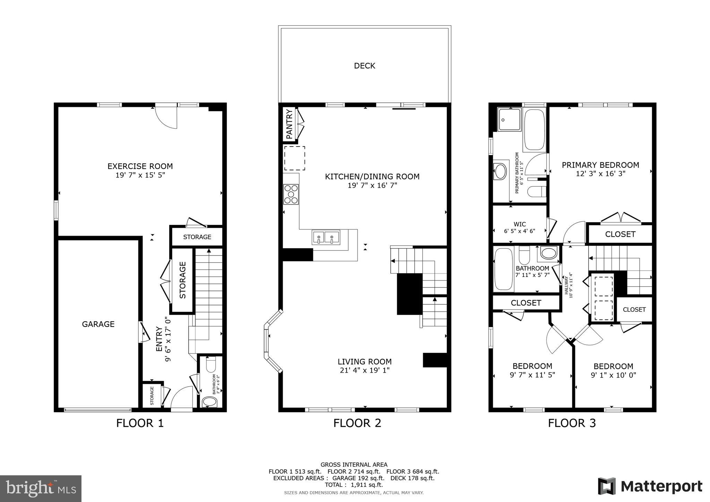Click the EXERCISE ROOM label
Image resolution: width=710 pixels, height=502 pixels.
pos(140,166)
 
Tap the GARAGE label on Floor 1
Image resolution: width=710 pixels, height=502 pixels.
pos(98,324)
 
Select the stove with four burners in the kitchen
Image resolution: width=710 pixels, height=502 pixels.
pos(291,194)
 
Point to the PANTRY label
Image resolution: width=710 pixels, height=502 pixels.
pos(289,124)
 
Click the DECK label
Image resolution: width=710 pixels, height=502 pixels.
pos(364,66)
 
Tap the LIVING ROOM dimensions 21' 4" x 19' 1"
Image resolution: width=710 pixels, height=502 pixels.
pos(365,370)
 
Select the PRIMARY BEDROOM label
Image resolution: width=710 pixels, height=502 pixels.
pos(600,165)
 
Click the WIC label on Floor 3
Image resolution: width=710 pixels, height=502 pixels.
pos(519,224)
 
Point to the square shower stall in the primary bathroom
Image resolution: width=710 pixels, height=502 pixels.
pos(509,119)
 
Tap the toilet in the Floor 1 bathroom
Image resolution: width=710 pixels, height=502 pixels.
pos(211,365)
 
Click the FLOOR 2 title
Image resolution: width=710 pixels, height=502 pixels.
pos(357,423)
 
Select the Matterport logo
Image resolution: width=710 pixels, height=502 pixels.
pos(650,486)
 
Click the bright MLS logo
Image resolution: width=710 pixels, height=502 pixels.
pos(41,488)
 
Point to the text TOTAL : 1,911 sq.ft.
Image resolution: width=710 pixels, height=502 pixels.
pos(354,485)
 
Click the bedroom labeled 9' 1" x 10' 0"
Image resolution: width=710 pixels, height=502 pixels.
pos(613,370)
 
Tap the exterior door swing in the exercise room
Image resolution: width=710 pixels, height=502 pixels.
pos(166,117)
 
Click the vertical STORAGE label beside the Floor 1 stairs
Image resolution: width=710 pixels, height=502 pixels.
pos(182,280)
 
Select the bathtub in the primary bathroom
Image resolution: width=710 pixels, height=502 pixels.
pos(534,129)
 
